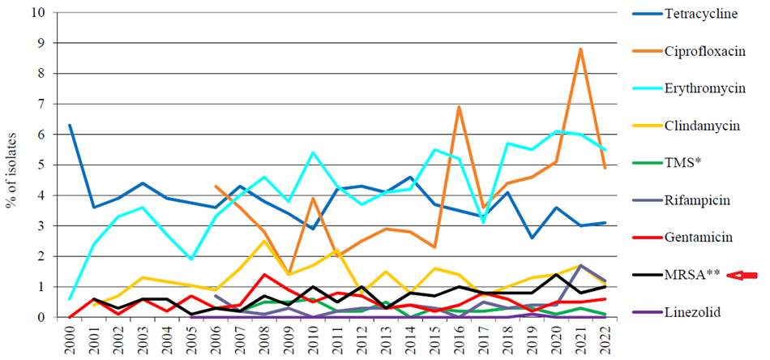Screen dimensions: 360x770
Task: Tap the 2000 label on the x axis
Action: [70, 340]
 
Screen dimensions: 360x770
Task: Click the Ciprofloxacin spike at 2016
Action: [460, 107]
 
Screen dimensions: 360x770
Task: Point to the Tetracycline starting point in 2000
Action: [71, 126]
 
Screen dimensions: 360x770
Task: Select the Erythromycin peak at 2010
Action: [313, 152]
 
